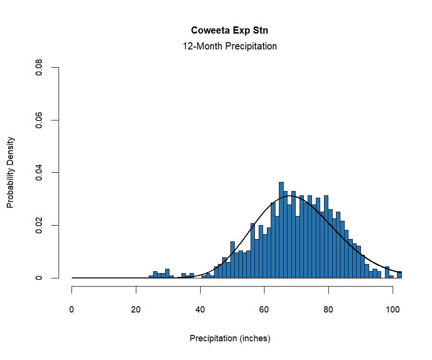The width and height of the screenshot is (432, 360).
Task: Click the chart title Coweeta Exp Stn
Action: (x=229, y=30)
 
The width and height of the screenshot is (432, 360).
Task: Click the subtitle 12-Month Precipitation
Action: (x=229, y=47)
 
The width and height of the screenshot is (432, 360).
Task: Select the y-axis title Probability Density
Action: (x=11, y=172)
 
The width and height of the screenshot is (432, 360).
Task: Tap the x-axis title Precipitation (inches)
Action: (x=230, y=338)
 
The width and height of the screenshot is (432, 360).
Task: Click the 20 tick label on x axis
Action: (x=136, y=310)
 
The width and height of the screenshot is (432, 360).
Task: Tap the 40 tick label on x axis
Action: (x=200, y=310)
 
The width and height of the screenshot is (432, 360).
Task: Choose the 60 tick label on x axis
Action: (x=264, y=310)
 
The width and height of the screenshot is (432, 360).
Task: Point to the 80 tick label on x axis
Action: (x=328, y=310)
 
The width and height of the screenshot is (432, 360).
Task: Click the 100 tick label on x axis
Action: (x=393, y=310)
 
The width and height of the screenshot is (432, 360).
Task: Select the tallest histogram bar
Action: (x=281, y=230)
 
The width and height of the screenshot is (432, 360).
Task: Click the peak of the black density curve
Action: (x=289, y=196)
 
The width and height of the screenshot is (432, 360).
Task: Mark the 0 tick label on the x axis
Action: (x=72, y=310)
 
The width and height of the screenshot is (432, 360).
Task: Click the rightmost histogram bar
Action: (x=399, y=275)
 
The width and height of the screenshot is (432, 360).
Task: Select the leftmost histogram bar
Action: (x=151, y=277)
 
